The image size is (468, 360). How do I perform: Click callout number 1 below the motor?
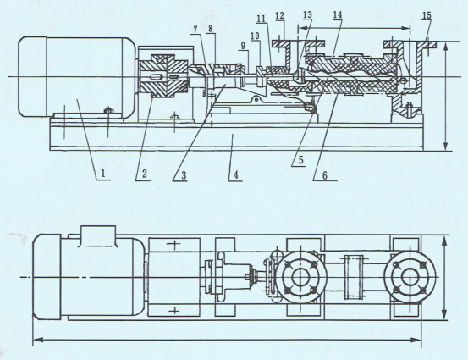coord(103,174)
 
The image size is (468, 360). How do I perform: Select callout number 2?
coord(145,174)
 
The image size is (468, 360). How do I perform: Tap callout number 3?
coord(184,175)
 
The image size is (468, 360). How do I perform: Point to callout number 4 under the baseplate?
coord(236,174)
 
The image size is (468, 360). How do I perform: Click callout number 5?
coord(301,160)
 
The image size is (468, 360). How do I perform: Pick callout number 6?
coord(325,175)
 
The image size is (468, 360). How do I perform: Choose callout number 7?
coord(195,30)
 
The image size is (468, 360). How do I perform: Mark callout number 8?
coord(211,30)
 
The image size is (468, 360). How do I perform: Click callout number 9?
coord(243,46)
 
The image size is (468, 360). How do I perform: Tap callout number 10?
coord(256,36)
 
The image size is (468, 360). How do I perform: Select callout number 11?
coord(262,19)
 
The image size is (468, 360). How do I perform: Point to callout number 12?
coord(280,16)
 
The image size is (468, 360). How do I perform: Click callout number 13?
coord(307,15)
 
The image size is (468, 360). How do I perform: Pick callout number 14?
coord(338,14)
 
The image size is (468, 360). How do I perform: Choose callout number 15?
coord(427,15)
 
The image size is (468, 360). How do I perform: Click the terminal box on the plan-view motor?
coord(97,236)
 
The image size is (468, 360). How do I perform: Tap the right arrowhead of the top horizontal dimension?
coord(406,29)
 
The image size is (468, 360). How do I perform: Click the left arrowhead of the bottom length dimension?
coord(37,340)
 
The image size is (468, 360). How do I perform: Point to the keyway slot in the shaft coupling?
coord(156,77)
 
